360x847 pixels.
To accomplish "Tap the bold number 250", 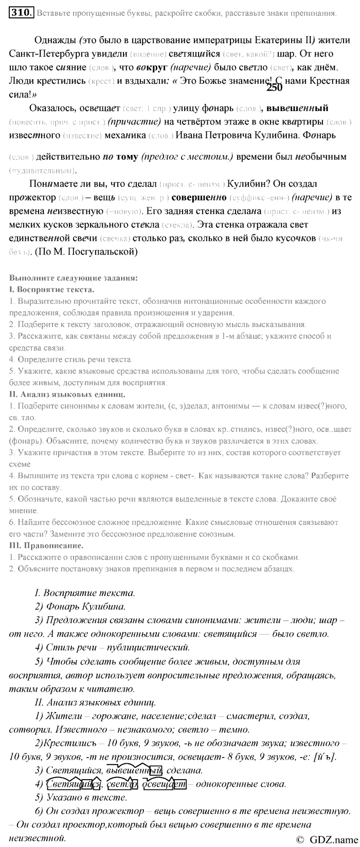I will click(x=275, y=88).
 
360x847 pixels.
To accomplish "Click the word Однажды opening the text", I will click(x=56, y=40).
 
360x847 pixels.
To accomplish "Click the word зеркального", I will click(x=107, y=224).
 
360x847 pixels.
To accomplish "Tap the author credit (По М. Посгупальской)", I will click(x=86, y=251).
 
